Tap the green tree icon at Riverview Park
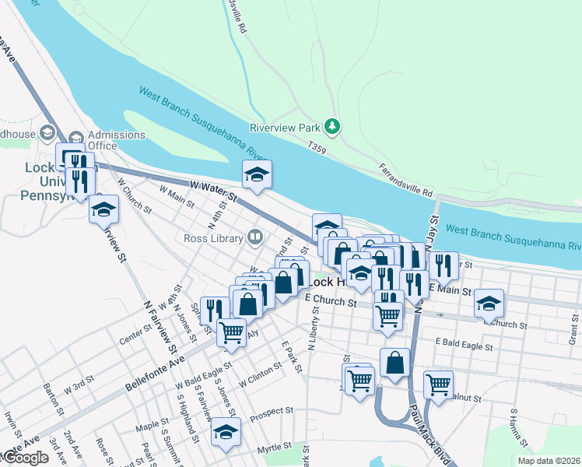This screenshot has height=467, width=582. pyautogui.click(x=333, y=125)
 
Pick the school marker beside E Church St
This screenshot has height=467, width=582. pyautogui.click(x=489, y=303)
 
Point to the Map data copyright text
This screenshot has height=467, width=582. pyautogui.click(x=549, y=461)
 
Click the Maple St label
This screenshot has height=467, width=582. pyautogui.click(x=147, y=427)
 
